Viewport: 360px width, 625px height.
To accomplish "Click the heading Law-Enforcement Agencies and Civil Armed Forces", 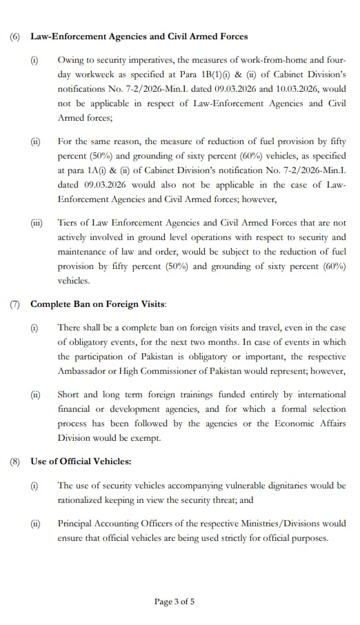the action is point(139,36).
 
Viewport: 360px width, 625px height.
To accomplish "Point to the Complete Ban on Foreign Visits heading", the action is point(99,304).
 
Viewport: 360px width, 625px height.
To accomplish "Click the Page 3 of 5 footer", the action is point(174,602).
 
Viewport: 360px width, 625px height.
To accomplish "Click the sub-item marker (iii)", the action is point(36,224).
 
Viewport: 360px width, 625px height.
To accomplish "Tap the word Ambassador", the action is point(83,370).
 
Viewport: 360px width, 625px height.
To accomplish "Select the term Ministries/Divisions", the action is point(271,524).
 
